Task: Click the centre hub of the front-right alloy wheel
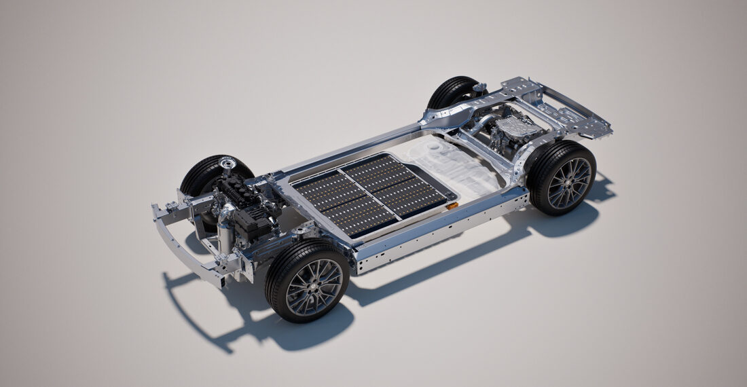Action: (314, 287)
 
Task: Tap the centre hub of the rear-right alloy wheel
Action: (570, 183)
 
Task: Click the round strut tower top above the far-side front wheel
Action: (227, 163)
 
